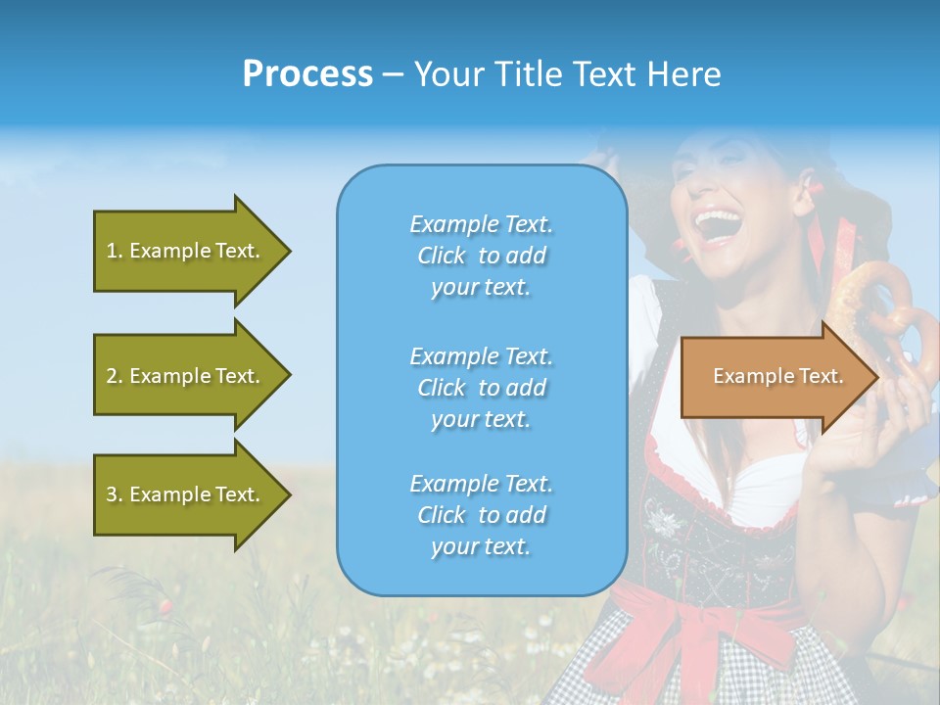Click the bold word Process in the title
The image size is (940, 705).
coord(307,74)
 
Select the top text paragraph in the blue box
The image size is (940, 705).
coord(481,256)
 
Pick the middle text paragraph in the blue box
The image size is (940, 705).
coord(481,388)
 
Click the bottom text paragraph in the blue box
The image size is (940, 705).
coord(481,515)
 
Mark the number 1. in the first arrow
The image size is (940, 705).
coord(115,251)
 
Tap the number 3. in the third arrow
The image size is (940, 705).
coord(115,494)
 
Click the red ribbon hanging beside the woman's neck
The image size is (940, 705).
coord(819,245)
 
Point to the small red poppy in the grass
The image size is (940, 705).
coord(166,606)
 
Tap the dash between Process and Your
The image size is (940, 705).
coord(393,74)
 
